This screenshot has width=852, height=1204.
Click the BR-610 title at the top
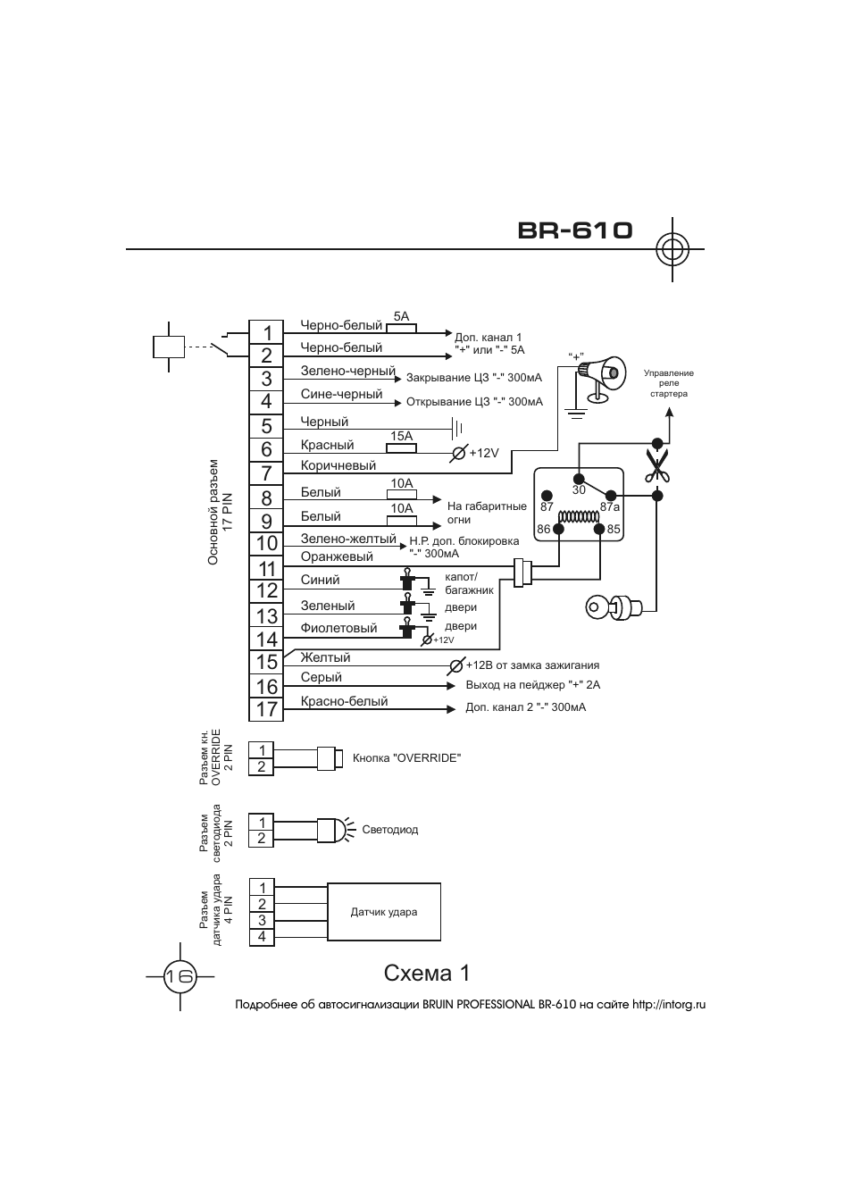[574, 230]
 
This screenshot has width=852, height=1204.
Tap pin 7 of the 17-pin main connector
[266, 473]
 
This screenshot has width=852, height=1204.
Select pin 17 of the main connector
[266, 709]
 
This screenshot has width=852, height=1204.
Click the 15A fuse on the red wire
[402, 447]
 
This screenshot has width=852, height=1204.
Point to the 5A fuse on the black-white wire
[402, 328]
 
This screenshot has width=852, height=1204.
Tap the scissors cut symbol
[656, 465]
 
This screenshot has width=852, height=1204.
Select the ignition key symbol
[614, 608]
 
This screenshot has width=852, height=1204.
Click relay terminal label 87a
[610, 506]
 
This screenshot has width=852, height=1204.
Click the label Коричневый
[338, 465]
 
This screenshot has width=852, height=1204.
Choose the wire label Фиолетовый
[338, 628]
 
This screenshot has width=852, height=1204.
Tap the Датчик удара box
[384, 912]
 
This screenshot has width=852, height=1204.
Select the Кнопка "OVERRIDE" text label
[407, 758]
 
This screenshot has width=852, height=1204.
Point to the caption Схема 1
[427, 974]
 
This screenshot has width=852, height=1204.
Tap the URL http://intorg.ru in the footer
[669, 1005]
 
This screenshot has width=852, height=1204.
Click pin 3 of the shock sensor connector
[262, 920]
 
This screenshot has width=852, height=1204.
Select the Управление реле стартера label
[669, 383]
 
